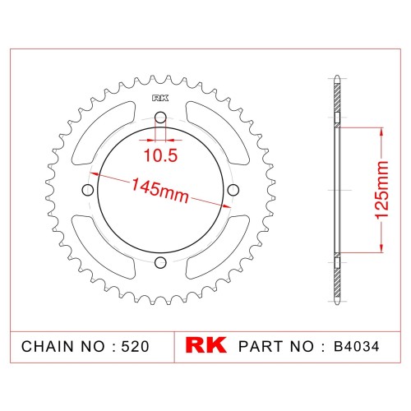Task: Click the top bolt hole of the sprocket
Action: click(x=160, y=118)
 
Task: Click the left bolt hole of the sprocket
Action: click(x=88, y=190)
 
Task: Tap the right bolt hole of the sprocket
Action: click(x=233, y=190)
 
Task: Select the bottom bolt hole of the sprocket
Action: click(x=160, y=262)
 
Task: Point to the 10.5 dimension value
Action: click(x=161, y=155)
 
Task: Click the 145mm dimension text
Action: click(x=160, y=190)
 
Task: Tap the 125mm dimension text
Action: click(x=381, y=190)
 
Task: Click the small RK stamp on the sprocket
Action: click(x=160, y=98)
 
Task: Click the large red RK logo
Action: click(x=205, y=345)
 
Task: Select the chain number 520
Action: click(x=135, y=346)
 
